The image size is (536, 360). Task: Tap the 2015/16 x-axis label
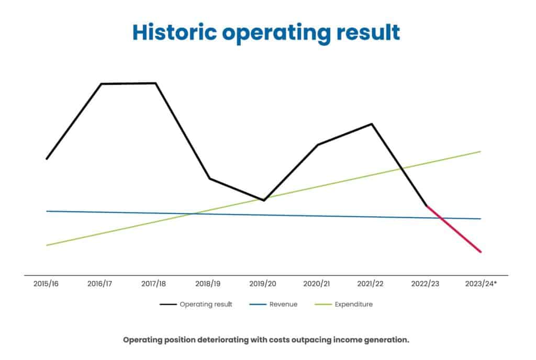46,284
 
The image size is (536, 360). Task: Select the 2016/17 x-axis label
100,284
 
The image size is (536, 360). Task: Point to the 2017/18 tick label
154,284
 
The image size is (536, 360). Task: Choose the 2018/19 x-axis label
208,284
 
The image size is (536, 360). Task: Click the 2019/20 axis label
263,284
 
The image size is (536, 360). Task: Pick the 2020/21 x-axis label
317,284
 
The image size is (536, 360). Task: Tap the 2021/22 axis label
371,284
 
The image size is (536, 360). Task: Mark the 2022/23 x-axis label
425,284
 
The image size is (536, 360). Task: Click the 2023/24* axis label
481,284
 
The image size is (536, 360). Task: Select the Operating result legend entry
205,304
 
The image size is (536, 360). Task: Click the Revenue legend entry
283,304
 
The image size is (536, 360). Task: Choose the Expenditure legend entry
353,304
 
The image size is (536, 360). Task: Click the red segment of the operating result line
454,229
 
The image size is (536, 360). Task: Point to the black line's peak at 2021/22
372,124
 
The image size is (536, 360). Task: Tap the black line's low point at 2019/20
264,200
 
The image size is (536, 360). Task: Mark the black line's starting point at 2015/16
47,159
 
